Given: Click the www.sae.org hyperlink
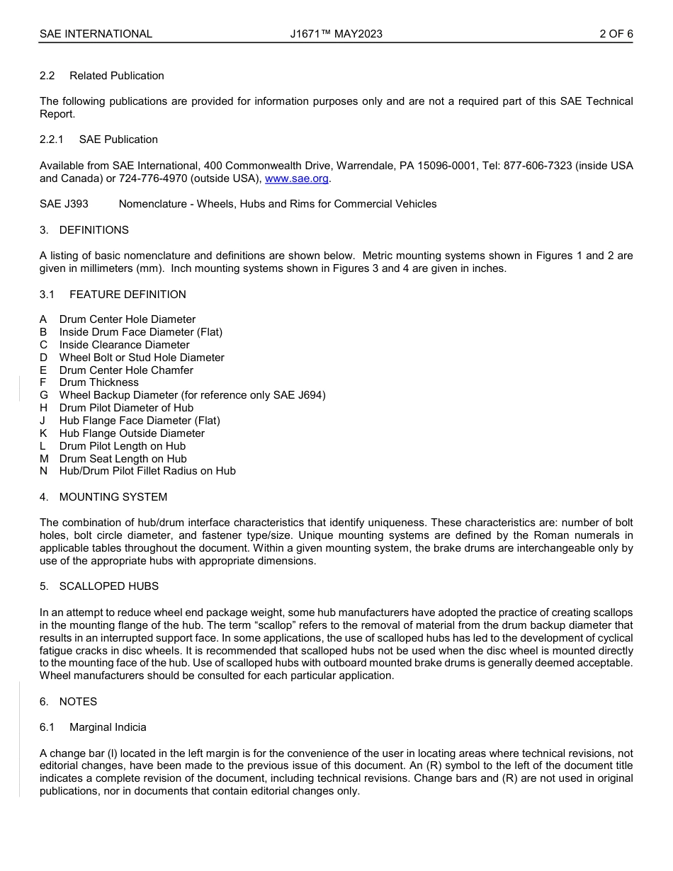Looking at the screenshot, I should click(296, 178).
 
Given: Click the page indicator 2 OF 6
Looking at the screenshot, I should click(616, 34).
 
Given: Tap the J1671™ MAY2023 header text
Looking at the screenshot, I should click(336, 34).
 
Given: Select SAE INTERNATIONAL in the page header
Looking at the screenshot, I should click(96, 34).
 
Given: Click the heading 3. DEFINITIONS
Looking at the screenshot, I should click(84, 230).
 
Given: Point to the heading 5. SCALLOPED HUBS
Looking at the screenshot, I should click(99, 586).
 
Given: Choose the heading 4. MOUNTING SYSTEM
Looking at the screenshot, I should click(103, 497).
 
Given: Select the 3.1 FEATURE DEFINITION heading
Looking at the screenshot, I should click(113, 295).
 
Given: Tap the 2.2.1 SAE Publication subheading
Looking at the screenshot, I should click(98, 140).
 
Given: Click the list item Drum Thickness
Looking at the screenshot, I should click(98, 382).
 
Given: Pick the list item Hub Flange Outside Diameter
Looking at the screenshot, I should click(132, 433).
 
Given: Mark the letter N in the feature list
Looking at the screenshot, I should click(44, 471).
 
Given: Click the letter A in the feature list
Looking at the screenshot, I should click(44, 319).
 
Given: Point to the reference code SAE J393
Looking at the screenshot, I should click(64, 204).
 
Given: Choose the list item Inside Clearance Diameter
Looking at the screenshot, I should click(124, 345).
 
